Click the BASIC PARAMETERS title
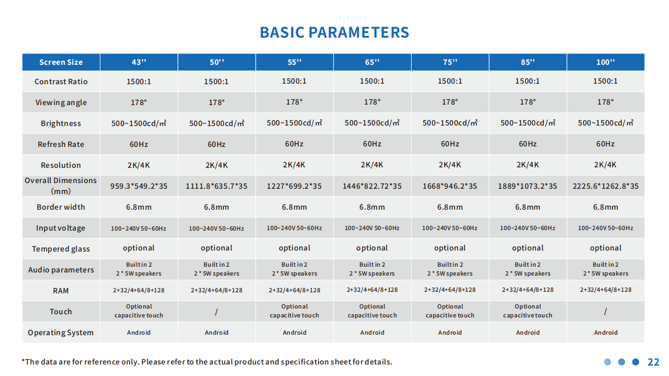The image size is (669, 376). point(334,32)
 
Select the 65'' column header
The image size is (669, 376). point(372,62)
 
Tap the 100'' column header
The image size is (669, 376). point(605,62)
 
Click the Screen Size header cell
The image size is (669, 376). point(61,62)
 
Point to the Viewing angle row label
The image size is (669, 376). point(61,102)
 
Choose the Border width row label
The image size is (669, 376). point(61,207)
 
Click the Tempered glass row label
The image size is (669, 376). point(61,249)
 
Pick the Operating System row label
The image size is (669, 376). point(61,333)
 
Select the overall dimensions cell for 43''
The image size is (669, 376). point(139,186)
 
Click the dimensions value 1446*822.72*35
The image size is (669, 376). point(372,186)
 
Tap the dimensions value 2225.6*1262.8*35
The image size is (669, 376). point(605,186)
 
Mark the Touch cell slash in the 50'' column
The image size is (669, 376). point(217,312)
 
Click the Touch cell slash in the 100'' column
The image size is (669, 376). point(605,312)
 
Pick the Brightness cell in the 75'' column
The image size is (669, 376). point(450,123)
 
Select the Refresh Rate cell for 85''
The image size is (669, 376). point(528,144)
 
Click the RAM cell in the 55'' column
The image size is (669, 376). point(294,290)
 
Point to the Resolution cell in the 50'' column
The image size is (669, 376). point(217,165)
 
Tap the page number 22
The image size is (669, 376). point(653,362)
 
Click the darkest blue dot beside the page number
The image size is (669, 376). point(636,362)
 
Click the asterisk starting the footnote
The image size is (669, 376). point(24,360)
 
